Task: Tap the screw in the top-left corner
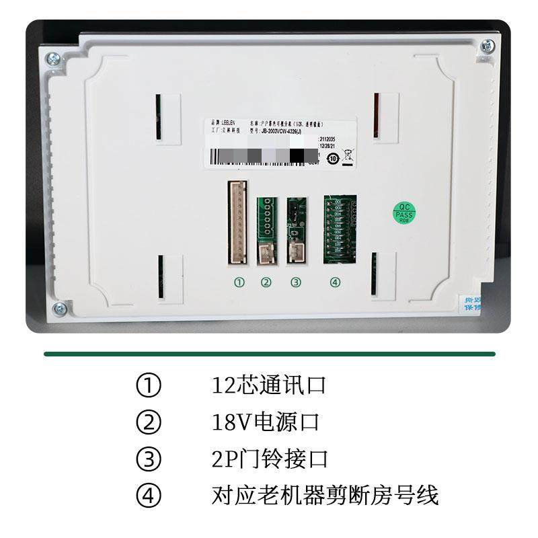pyautogui.click(x=52, y=59)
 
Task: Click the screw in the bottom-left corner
pyautogui.click(x=59, y=309)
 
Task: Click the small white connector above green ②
pyautogui.click(x=266, y=254)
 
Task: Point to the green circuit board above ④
pyautogui.click(x=340, y=228)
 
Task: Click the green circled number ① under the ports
pyautogui.click(x=239, y=282)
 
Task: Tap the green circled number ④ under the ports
pyautogui.click(x=335, y=282)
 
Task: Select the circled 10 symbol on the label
pyautogui.click(x=332, y=159)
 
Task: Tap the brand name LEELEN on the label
pyautogui.click(x=224, y=124)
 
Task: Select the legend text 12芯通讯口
pyautogui.click(x=269, y=386)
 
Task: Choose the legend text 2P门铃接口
pyautogui.click(x=270, y=459)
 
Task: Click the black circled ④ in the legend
pyautogui.click(x=149, y=496)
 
